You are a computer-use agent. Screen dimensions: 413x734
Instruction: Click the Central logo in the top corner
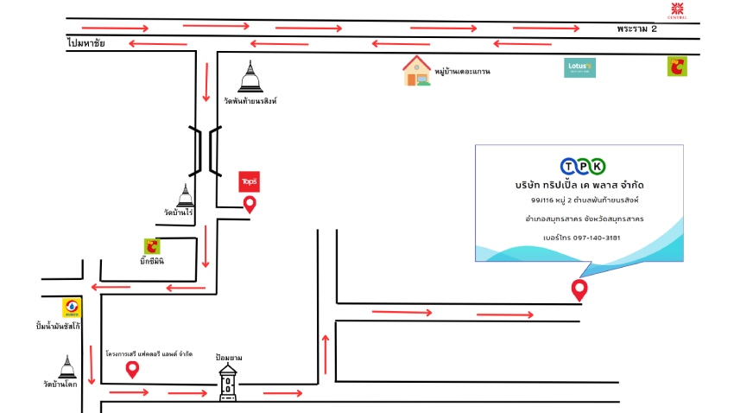(x=678, y=10)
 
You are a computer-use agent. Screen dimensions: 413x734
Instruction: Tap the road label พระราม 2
(x=636, y=29)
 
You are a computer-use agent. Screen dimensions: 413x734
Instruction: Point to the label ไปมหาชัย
(x=85, y=44)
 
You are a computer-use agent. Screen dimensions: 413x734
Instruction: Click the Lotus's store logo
(x=579, y=67)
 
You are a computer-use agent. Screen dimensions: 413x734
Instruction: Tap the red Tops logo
(x=249, y=181)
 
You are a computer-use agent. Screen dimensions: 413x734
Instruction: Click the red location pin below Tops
(x=250, y=205)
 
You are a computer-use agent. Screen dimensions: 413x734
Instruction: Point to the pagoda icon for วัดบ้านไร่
(x=185, y=195)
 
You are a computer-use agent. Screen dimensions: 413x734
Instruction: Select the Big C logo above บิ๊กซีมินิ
(x=153, y=246)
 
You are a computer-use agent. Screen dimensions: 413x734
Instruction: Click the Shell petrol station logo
(x=71, y=308)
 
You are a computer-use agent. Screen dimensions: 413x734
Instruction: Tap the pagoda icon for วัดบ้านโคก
(x=66, y=368)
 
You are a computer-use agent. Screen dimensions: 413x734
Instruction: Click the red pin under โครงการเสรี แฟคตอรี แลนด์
(x=132, y=370)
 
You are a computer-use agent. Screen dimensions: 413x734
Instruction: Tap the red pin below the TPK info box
(x=579, y=290)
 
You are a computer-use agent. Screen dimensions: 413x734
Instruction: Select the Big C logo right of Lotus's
(x=677, y=67)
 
